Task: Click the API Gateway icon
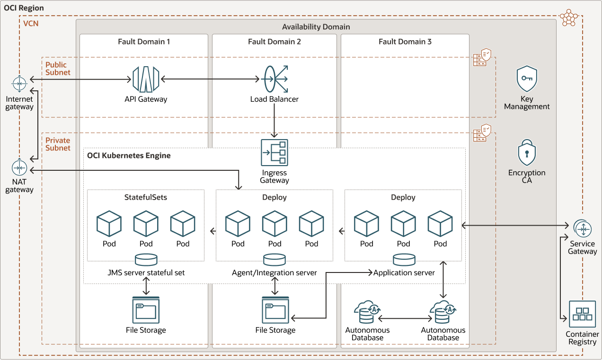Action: pos(146,79)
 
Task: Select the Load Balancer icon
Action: pos(274,79)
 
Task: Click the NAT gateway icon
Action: pos(19,168)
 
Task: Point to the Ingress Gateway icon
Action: pos(274,152)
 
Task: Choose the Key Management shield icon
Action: pos(527,79)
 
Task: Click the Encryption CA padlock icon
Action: pos(527,152)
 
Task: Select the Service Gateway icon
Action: pos(582,229)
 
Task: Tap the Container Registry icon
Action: pos(582,314)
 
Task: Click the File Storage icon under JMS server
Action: pos(146,310)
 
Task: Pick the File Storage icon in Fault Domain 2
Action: pos(275,310)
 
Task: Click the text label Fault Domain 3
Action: pos(405,42)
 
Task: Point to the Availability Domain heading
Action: pos(316,27)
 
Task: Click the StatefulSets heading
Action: pos(146,197)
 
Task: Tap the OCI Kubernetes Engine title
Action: pos(129,156)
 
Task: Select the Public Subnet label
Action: pos(58,69)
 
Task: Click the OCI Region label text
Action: pos(24,8)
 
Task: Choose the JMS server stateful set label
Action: pos(146,272)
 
